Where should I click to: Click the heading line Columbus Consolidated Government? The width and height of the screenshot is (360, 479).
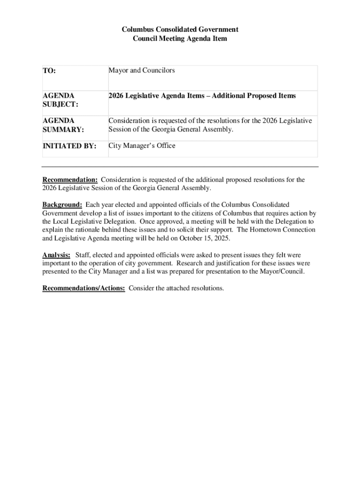pos(180,29)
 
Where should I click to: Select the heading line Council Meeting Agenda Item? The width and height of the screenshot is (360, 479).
pos(180,39)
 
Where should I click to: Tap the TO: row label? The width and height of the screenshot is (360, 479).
pos(49,71)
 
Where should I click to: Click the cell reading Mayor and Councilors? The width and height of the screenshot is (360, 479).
pos(142,70)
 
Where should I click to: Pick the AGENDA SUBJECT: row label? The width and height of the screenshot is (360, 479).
pos(60,100)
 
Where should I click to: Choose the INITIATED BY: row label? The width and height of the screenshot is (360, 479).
pos(69,146)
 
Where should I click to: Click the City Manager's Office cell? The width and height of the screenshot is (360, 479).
pos(142,146)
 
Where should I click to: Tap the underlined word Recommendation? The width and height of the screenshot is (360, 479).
pos(70,180)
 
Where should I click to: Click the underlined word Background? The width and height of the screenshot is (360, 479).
pos(63,205)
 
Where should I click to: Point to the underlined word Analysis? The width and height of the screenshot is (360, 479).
pos(57,255)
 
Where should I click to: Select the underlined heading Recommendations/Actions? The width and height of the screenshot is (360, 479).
pos(84,288)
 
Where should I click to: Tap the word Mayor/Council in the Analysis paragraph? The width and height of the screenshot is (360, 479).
pos(282,272)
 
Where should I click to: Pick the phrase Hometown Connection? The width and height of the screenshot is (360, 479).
pos(283,230)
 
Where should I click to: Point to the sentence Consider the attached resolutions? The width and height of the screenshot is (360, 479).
pos(176,288)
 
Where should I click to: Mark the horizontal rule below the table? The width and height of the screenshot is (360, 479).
pos(180,167)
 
